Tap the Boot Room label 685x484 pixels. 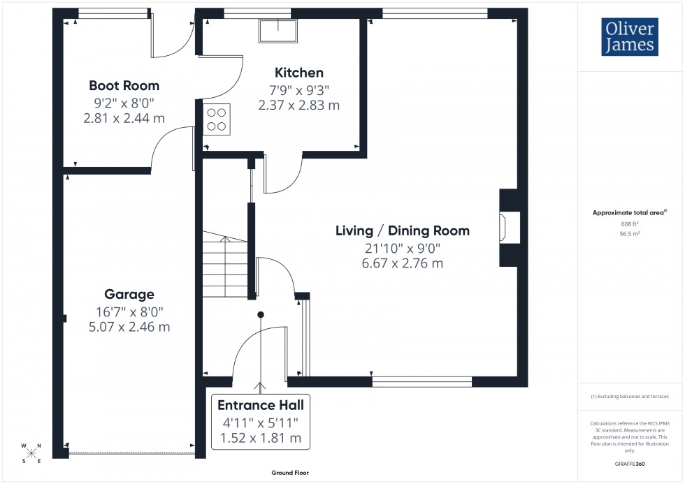(124, 86)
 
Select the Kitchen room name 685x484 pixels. (299, 73)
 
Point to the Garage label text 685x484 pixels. (129, 294)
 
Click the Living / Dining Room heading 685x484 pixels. (403, 230)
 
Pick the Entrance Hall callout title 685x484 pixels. (261, 405)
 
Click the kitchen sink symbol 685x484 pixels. (278, 31)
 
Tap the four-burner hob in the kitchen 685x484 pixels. (217, 118)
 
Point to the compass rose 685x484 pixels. (31, 453)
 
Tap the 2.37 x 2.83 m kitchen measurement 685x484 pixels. (298, 105)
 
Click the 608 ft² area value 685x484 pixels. (630, 223)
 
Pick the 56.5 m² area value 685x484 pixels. (630, 234)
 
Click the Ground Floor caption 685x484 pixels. (290, 473)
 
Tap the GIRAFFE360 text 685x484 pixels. (630, 463)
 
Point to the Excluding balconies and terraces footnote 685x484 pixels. (630, 396)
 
